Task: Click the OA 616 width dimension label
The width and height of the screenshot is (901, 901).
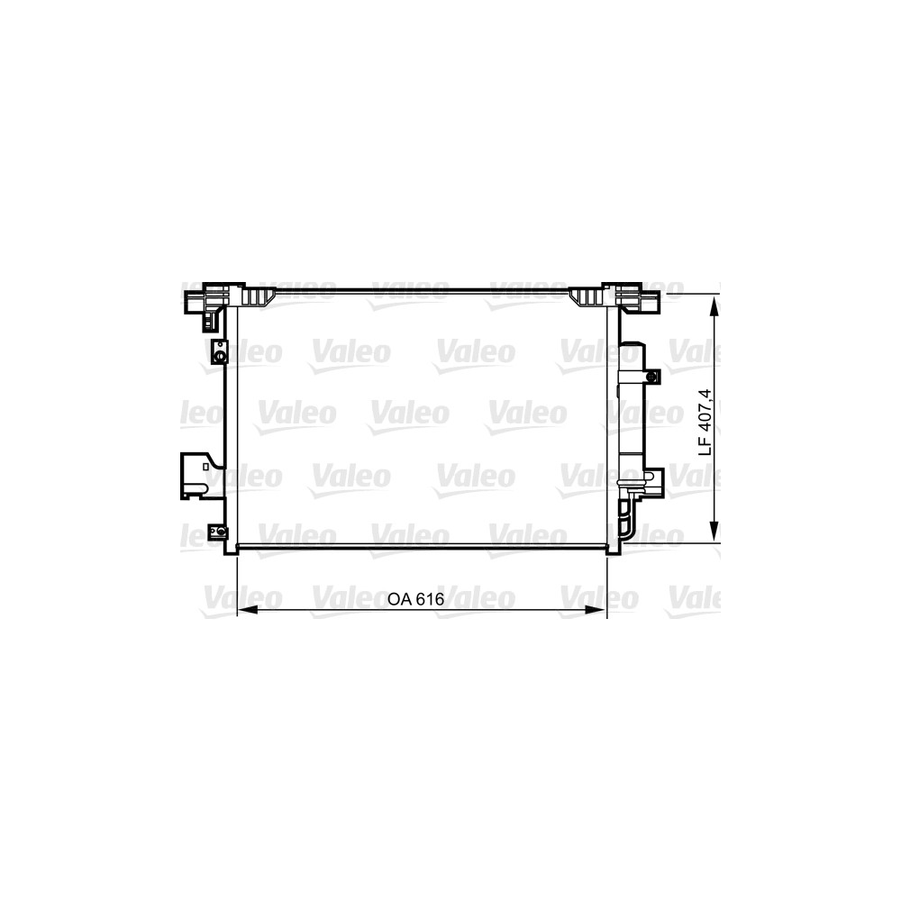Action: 415,599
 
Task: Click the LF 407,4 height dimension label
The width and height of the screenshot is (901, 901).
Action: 705,423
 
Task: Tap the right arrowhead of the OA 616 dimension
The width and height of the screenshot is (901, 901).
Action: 596,610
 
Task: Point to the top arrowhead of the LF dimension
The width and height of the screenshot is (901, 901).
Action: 714,307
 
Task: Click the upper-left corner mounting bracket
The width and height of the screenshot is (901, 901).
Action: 213,304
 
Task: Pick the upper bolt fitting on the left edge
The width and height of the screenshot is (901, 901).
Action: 220,351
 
